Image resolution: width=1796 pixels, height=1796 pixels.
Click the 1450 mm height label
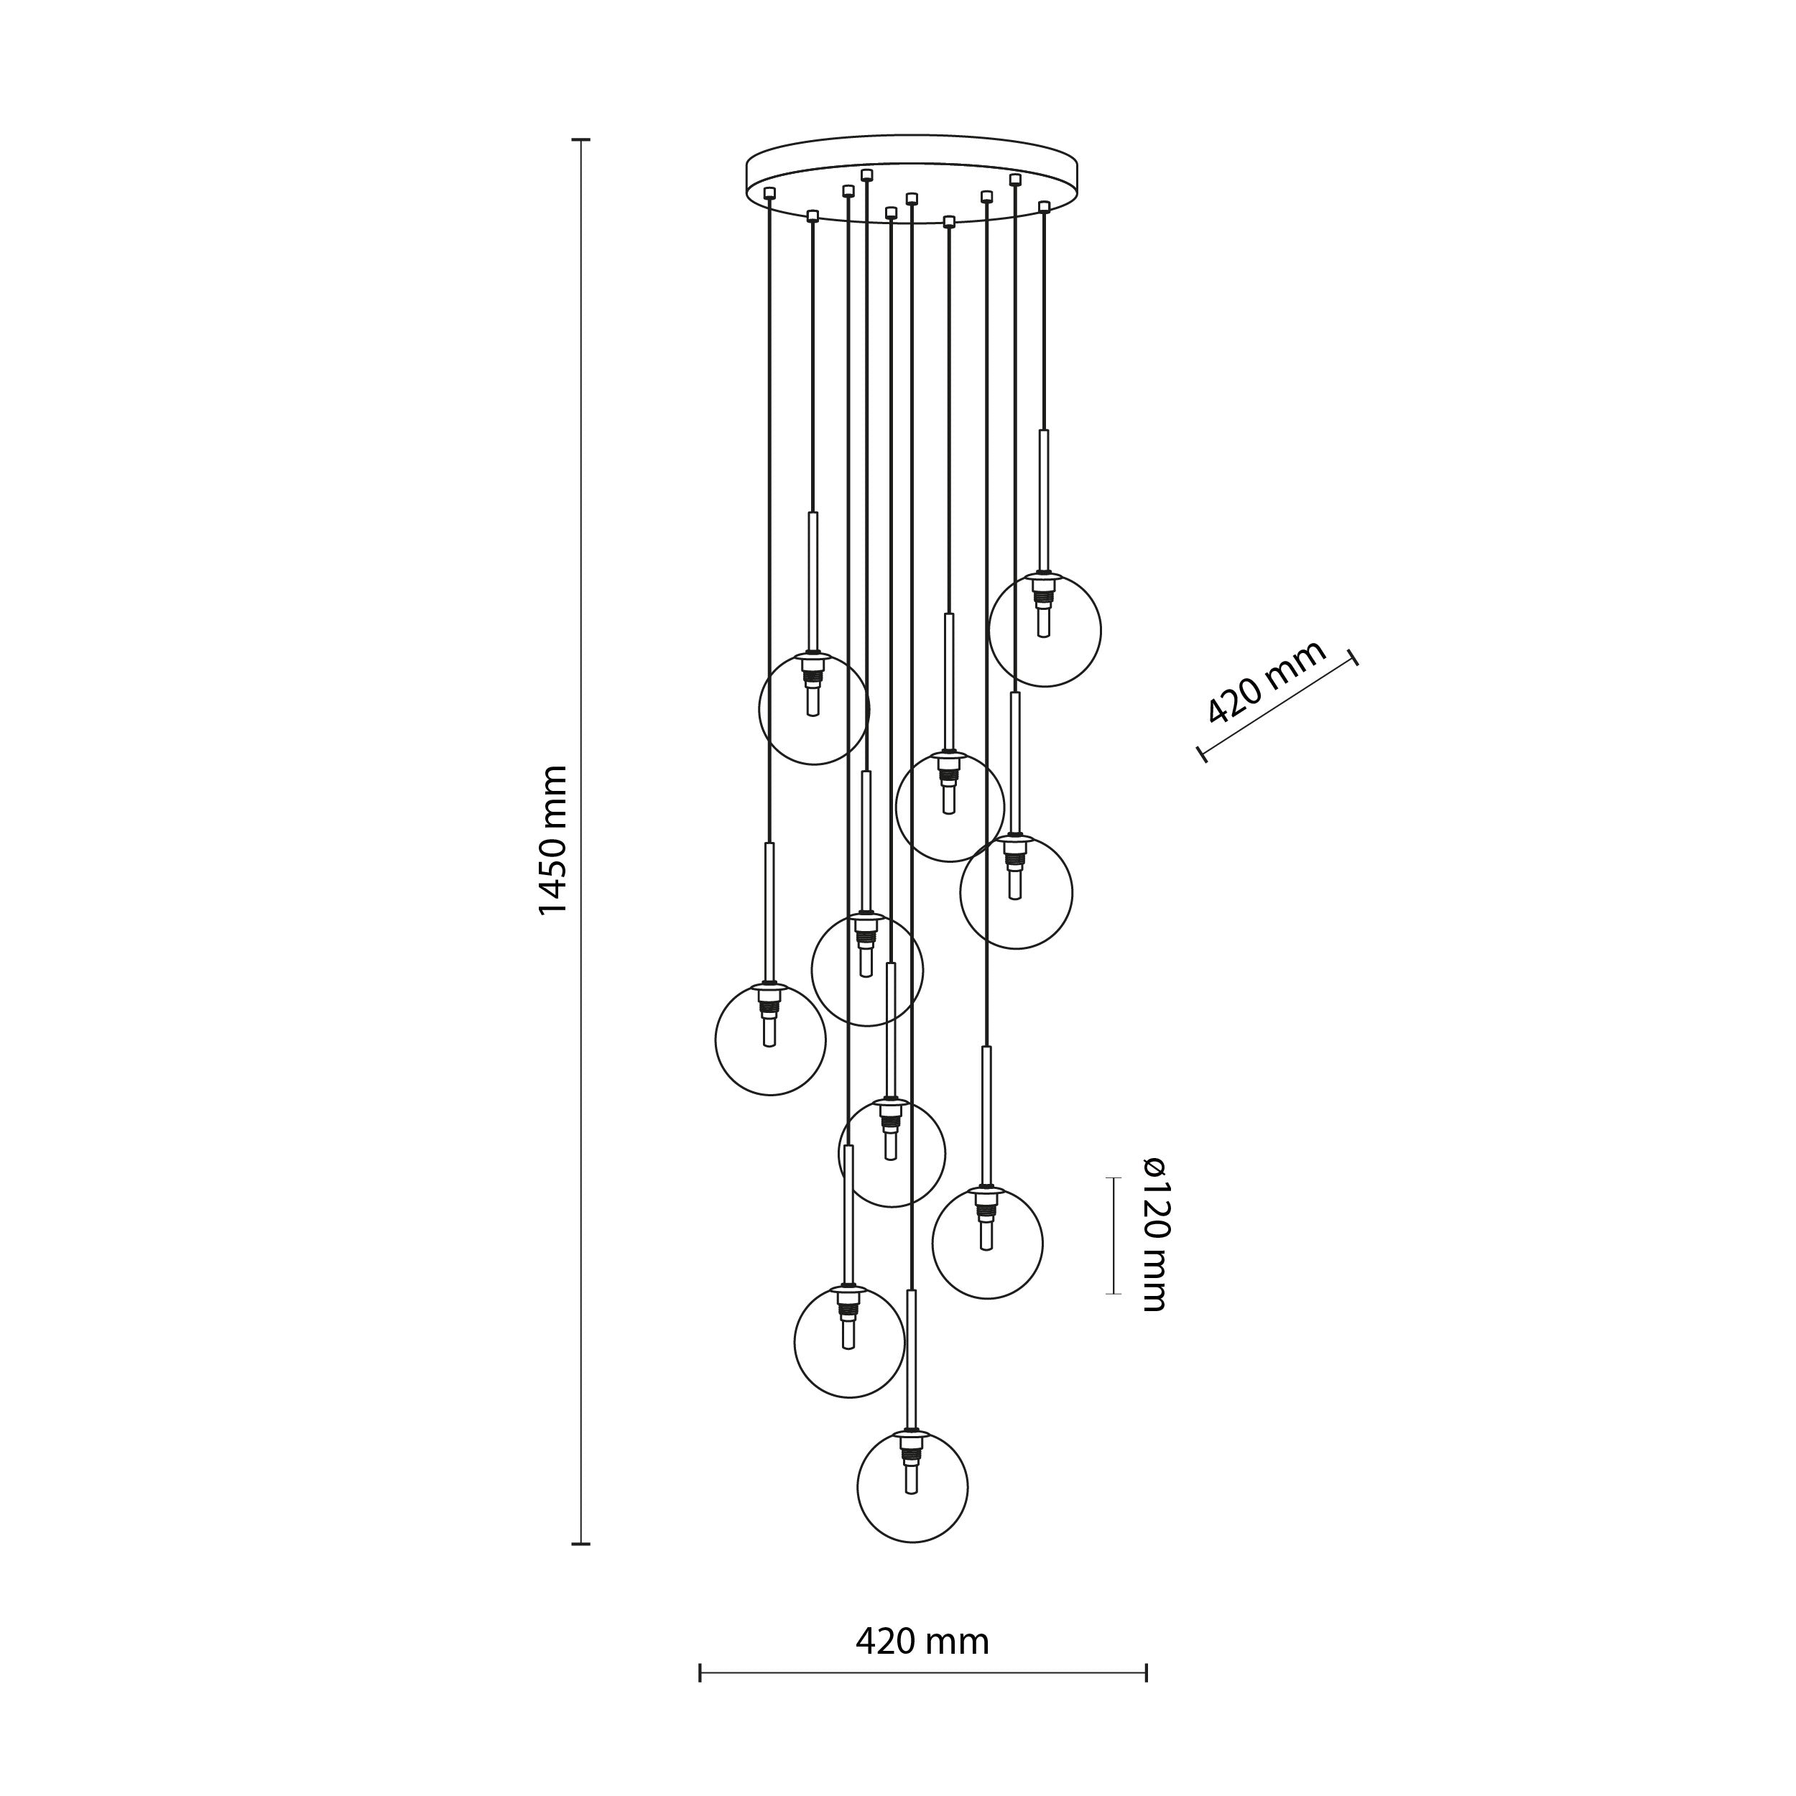coord(553,841)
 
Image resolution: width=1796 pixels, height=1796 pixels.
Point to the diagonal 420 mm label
coord(1266,683)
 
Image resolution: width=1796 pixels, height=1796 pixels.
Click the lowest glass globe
coord(912,1487)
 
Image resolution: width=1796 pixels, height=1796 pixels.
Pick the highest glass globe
coord(1045,631)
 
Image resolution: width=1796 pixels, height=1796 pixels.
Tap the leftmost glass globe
coord(771,1040)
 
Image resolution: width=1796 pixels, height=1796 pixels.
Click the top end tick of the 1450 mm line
coord(581,140)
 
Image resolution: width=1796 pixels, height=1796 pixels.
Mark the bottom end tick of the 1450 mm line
coord(581,1544)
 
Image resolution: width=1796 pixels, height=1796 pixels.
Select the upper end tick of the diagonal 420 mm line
coord(1354,657)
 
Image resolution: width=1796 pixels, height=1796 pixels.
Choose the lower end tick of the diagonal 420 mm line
coord(1203,755)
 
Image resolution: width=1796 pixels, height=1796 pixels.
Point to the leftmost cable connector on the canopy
coord(769,193)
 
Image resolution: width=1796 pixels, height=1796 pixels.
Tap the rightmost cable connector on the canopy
coord(1044,205)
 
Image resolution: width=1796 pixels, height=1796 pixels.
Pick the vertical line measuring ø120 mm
coord(1114,1236)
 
